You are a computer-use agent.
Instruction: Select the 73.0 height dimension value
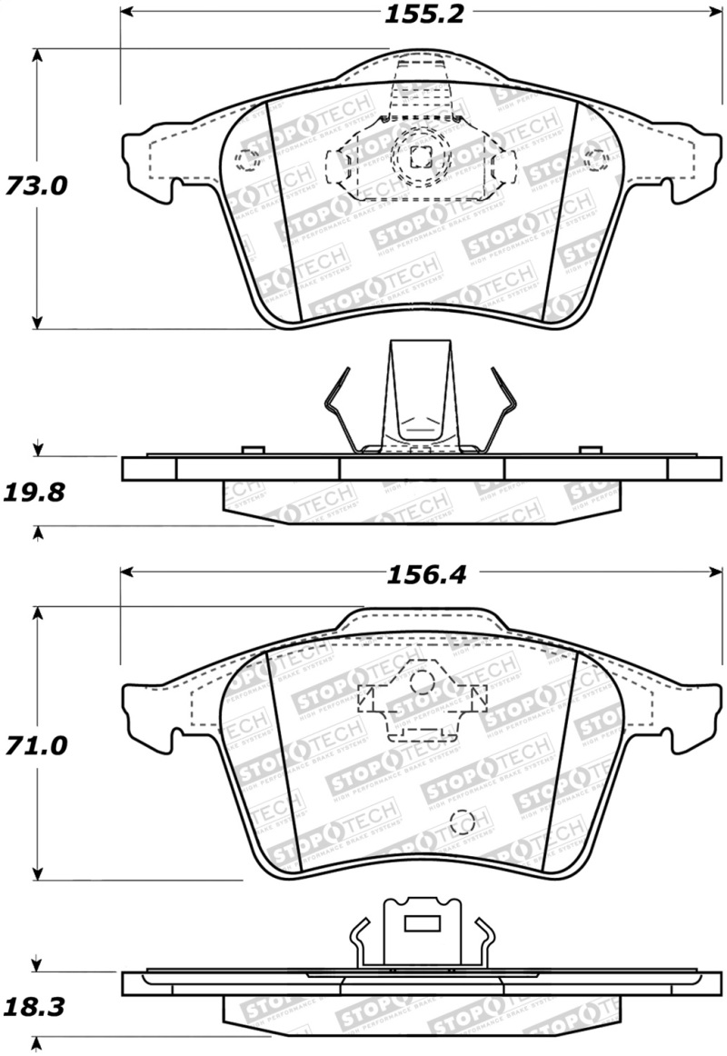point(36,186)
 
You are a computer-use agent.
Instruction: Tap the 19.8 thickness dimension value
point(36,493)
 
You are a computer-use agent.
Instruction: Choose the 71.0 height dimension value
point(36,747)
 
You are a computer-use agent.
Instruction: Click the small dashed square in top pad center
point(420,156)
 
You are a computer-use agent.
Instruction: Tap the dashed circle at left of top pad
point(246,160)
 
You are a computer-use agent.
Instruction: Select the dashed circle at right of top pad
point(595,159)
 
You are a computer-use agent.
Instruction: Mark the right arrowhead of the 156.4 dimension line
point(715,572)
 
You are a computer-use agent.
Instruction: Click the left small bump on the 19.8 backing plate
point(253,450)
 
